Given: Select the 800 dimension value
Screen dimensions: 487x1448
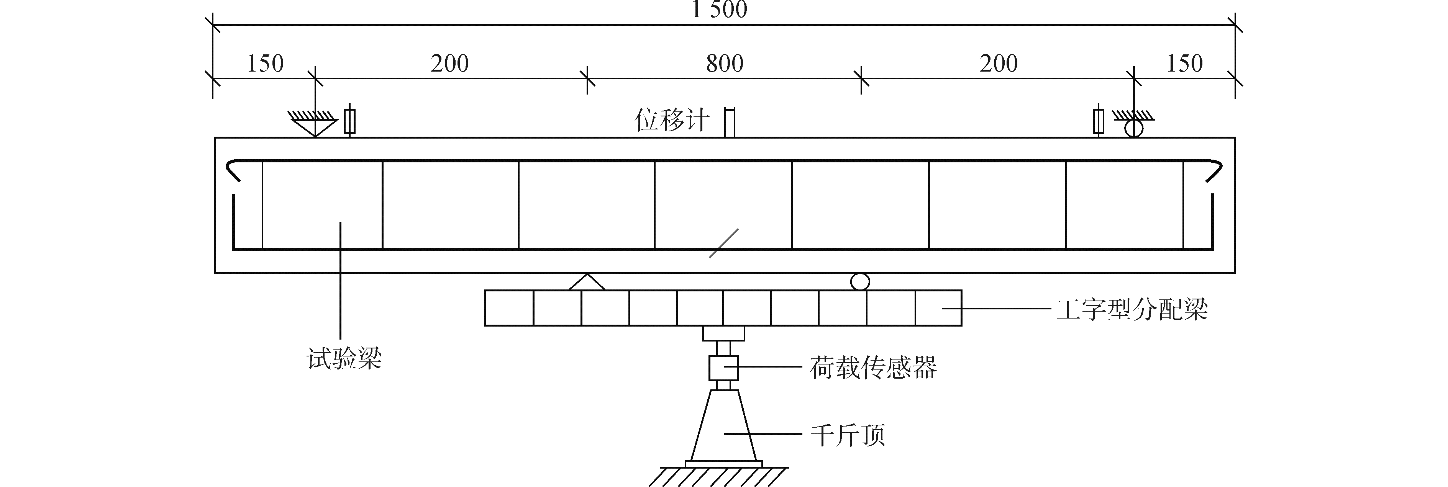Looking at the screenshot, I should click(725, 64).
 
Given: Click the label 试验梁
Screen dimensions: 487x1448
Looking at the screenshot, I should click(344, 358).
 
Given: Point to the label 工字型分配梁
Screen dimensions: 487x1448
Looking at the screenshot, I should click(1132, 309).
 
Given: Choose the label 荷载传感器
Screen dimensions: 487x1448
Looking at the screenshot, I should click(873, 368).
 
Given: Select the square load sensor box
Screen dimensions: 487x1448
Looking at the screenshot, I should click(723, 368).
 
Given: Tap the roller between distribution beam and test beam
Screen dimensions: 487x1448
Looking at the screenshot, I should click(859, 281).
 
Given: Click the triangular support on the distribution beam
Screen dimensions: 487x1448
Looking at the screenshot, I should click(587, 283).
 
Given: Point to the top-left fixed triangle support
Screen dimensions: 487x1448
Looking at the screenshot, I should click(315, 125).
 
